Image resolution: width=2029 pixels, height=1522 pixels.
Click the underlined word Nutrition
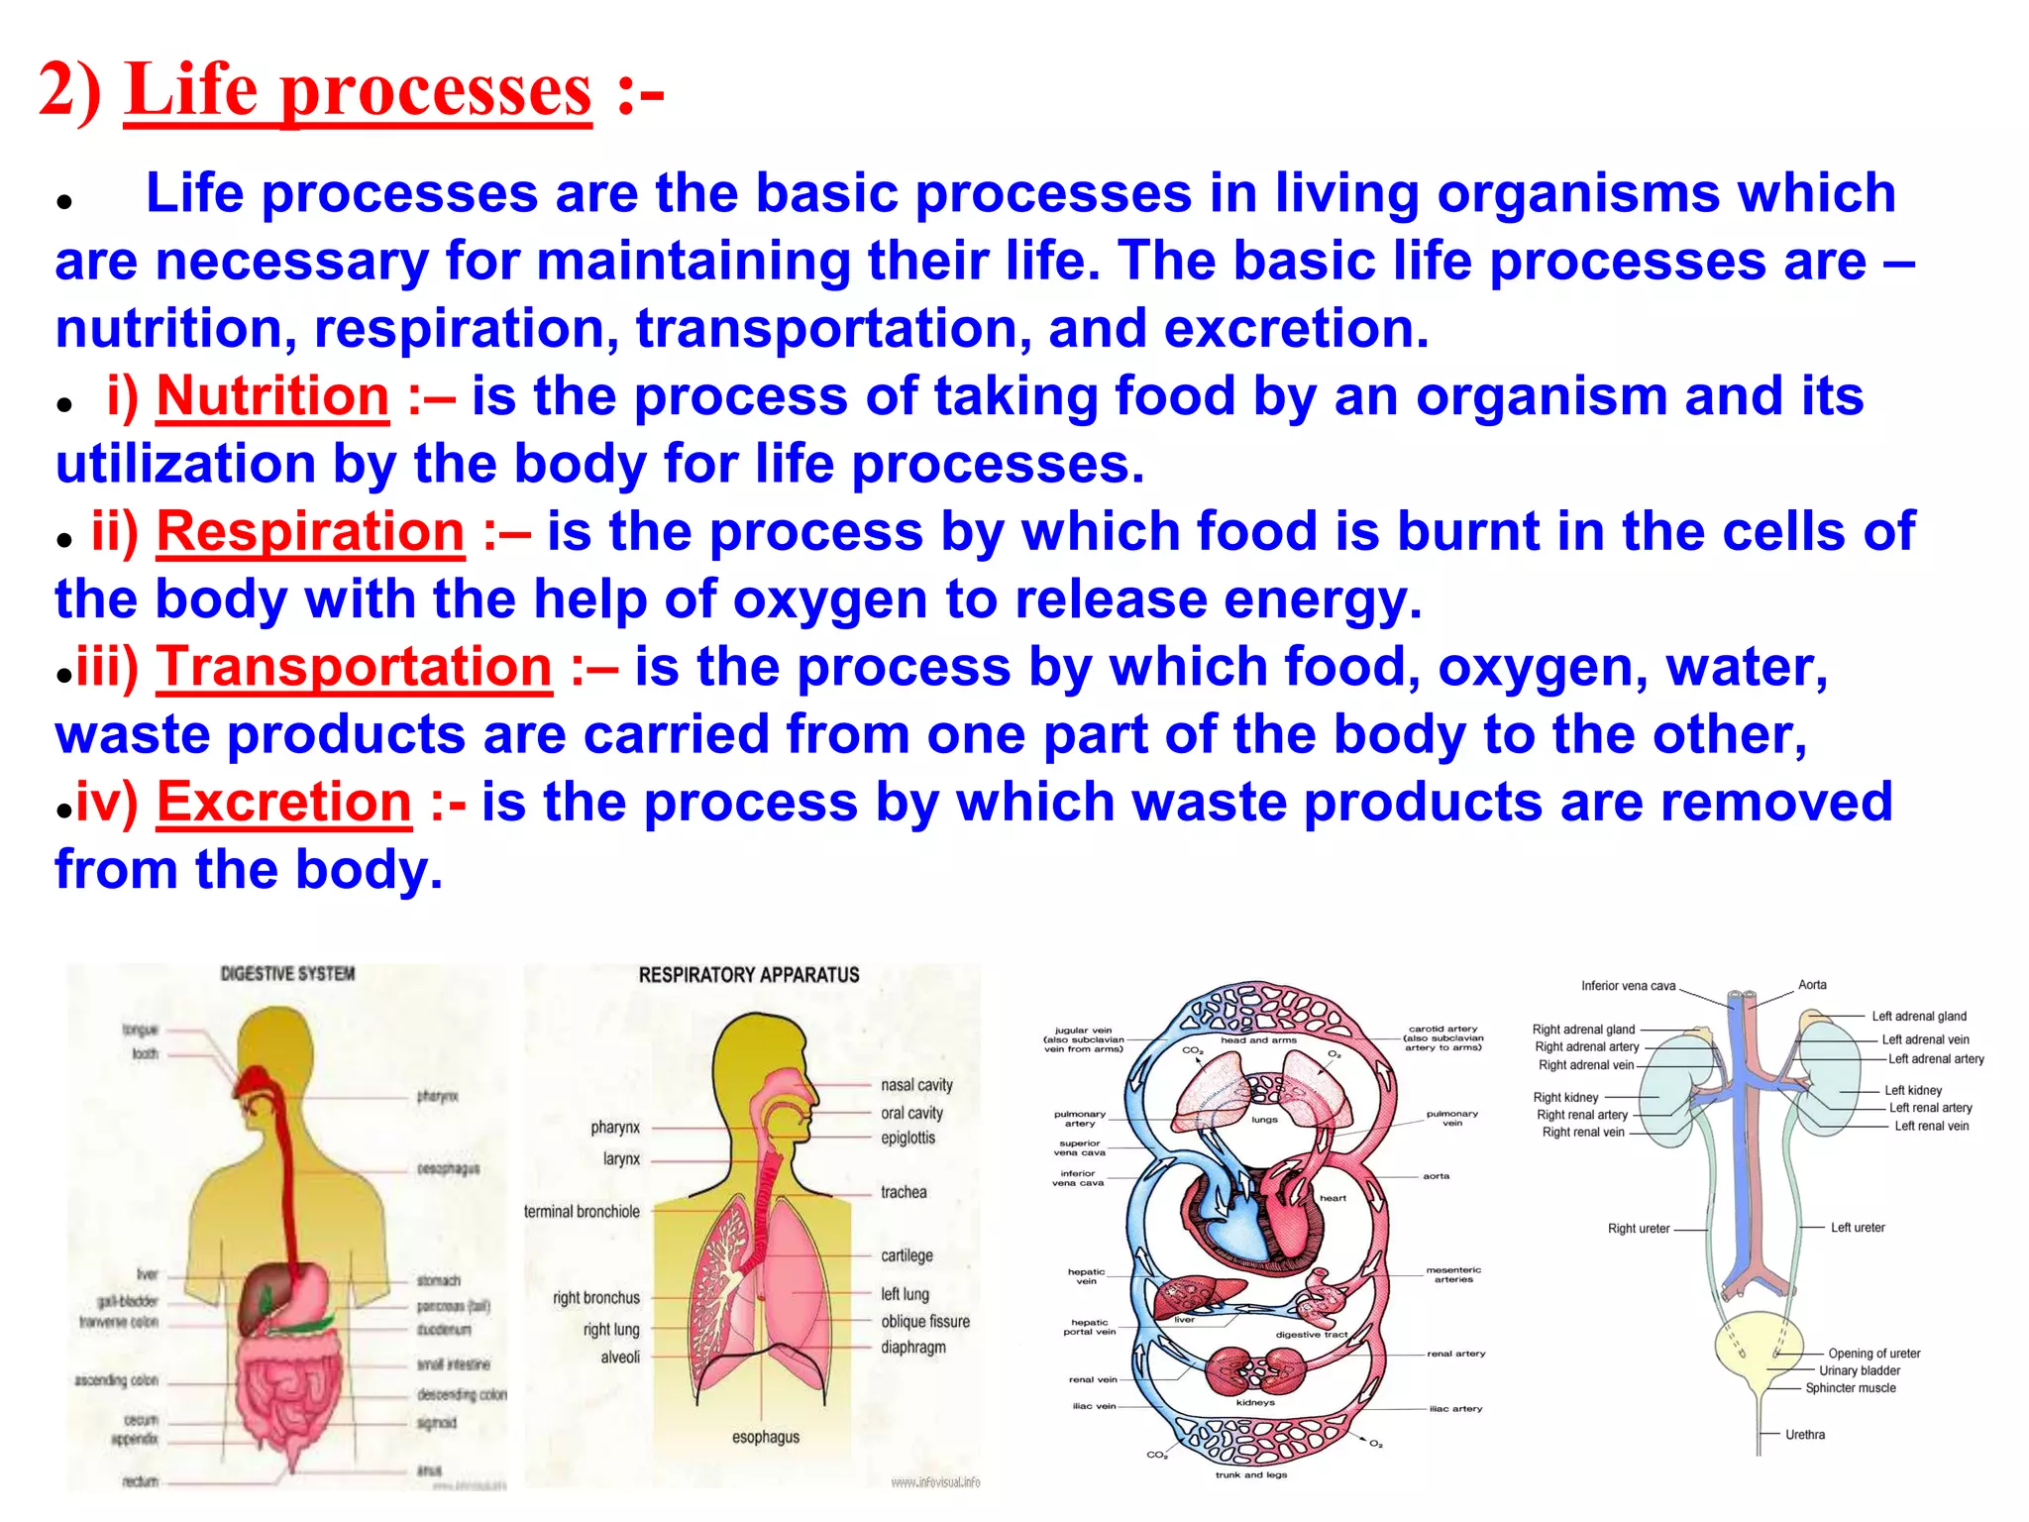pyautogui.click(x=272, y=396)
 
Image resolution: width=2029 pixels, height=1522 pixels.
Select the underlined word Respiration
pyautogui.click(x=310, y=532)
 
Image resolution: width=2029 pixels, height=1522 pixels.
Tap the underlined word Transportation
pyautogui.click(x=354, y=667)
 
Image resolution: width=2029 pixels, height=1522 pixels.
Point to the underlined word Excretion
pyautogui.click(x=283, y=802)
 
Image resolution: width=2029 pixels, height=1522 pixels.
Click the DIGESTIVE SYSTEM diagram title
pyautogui.click(x=287, y=974)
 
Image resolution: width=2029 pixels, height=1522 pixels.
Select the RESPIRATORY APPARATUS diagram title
pyautogui.click(x=749, y=975)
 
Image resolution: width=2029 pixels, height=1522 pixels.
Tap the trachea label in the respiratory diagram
pyautogui.click(x=904, y=1192)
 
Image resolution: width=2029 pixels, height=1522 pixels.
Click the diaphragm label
pyautogui.click(x=913, y=1348)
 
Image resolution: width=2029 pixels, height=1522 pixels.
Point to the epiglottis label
pyautogui.click(x=908, y=1138)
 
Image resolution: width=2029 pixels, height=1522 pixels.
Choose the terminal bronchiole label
pyautogui.click(x=582, y=1212)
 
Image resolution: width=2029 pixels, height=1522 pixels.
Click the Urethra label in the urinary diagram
pyautogui.click(x=1804, y=1434)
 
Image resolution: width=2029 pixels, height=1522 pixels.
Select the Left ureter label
pyautogui.click(x=1858, y=1228)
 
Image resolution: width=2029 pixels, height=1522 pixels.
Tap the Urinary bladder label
pyautogui.click(x=1860, y=1370)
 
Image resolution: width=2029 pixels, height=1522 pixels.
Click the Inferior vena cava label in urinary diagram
pyautogui.click(x=1628, y=986)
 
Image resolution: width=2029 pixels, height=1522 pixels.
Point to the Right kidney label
pyautogui.click(x=1565, y=1097)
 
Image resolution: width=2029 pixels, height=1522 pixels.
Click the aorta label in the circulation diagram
pyautogui.click(x=1436, y=1176)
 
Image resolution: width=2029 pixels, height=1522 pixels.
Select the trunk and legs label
pyautogui.click(x=1251, y=1474)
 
